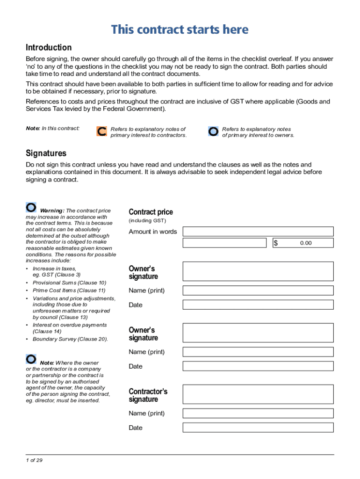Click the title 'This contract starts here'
180,30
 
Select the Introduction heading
49,47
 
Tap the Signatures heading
46,153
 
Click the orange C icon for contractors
101,131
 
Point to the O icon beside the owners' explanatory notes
213,131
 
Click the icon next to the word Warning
31,207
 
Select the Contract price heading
151,212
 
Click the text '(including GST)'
147,221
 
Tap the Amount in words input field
258,232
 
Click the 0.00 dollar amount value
306,243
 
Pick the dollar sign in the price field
276,243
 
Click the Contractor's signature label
148,395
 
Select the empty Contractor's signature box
258,394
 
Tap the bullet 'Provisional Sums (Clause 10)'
69,283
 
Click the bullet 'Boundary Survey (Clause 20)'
70,339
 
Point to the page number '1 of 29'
34,460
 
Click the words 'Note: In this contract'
52,128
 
